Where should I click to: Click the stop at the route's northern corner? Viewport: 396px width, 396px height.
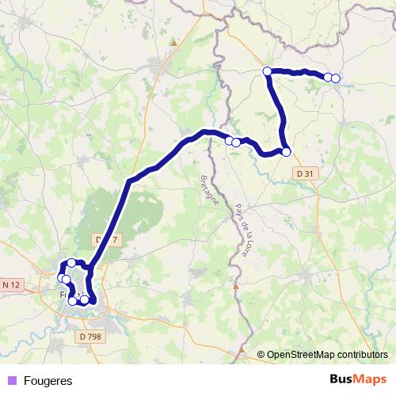[267, 71]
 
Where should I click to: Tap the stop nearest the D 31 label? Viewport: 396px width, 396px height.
[286, 152]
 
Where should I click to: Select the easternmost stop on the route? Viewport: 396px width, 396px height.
[336, 78]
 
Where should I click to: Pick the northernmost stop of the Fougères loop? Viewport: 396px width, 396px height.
[71, 263]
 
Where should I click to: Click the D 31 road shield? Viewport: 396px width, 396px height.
[303, 173]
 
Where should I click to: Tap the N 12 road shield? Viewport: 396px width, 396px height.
[11, 284]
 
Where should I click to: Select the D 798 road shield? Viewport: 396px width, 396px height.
[91, 336]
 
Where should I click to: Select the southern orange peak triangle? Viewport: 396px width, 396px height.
[235, 283]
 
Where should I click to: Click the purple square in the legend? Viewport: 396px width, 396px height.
[11, 380]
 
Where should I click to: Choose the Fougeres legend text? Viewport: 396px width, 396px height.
[48, 380]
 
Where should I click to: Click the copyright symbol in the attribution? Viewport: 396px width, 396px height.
[261, 355]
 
